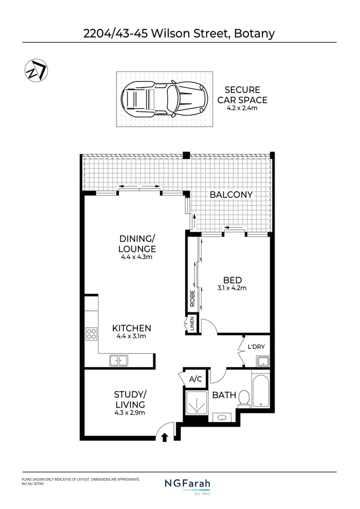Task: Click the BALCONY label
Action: click(231, 195)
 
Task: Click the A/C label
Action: click(195, 379)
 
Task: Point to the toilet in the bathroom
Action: click(244, 397)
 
